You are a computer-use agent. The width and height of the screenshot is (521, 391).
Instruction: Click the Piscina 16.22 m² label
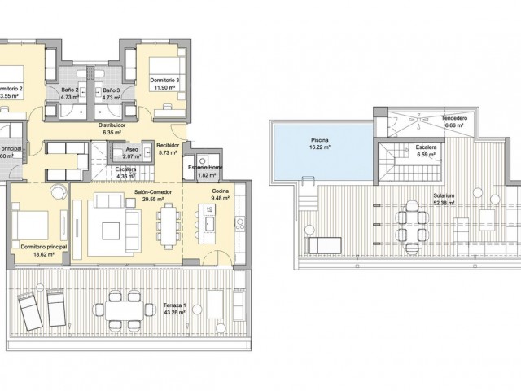pos(320,143)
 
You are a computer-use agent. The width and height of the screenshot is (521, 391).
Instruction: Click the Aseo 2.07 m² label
pos(131,152)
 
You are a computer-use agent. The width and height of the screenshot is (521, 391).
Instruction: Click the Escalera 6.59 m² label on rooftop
pos(427,152)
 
